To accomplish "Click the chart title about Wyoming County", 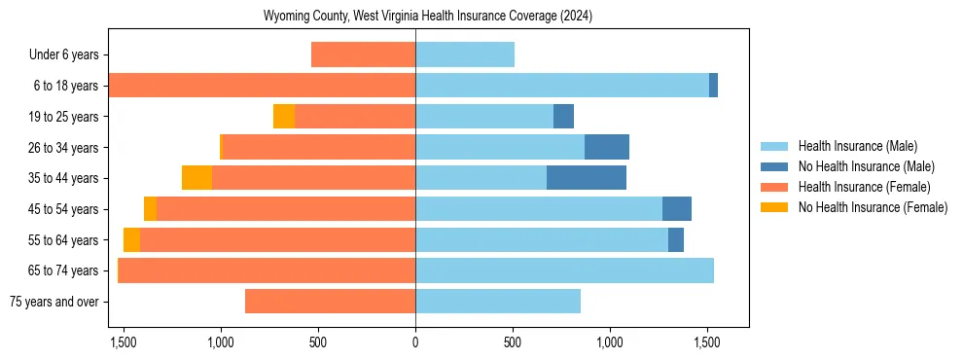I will (x=428, y=17).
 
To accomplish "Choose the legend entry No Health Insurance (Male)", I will (x=866, y=166).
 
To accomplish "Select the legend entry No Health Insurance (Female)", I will (x=872, y=207).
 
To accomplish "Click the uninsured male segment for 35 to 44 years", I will (x=587, y=178).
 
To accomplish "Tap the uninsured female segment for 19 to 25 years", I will (x=284, y=117).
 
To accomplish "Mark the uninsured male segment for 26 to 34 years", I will (x=607, y=147).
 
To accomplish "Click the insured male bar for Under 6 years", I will (x=465, y=55).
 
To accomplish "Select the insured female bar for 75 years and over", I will (x=330, y=302).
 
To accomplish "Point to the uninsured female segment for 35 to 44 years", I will (x=196, y=178).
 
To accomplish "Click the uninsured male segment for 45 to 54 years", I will (x=677, y=209).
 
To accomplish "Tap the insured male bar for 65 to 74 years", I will (x=564, y=270).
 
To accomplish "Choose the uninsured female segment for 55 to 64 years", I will (x=131, y=239).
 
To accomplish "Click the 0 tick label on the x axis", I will (x=415, y=342).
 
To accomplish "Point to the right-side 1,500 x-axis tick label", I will (x=706, y=342).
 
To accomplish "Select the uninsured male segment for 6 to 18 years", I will (x=713, y=86).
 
